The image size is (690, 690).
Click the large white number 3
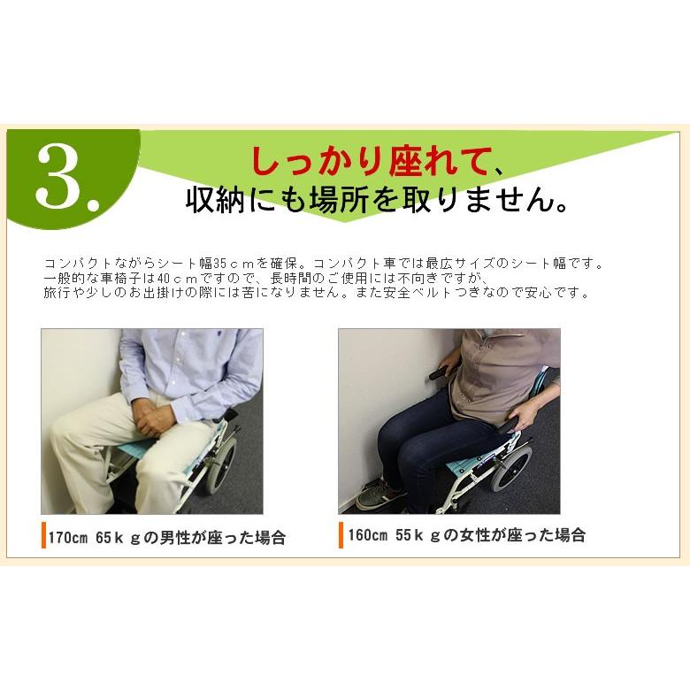(63, 177)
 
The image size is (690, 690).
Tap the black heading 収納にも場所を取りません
(375, 199)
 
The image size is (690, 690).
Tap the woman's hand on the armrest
(525, 417)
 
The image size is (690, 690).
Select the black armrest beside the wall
(443, 372)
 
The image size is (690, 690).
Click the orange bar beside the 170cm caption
(43, 535)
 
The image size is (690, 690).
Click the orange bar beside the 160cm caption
(341, 534)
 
